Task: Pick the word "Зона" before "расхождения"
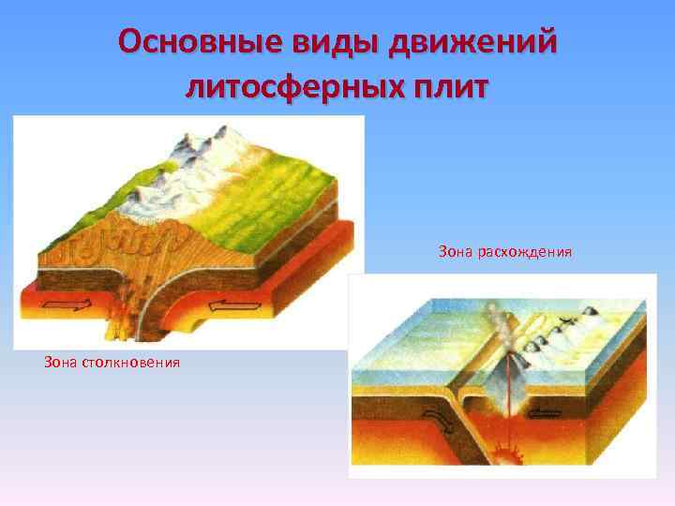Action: pyautogui.click(x=455, y=252)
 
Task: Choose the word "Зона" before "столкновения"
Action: pyautogui.click(x=61, y=362)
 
